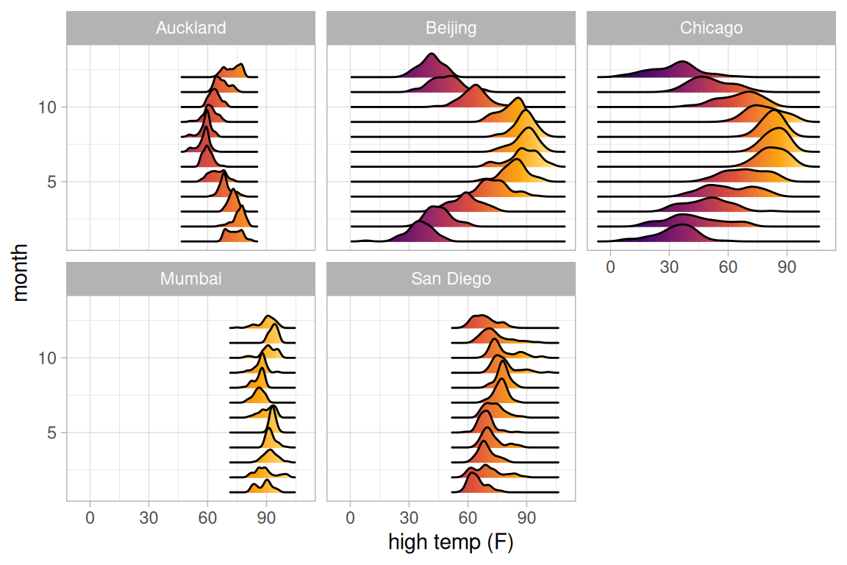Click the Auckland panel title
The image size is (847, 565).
[x=190, y=29]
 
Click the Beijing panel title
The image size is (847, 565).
[x=451, y=29]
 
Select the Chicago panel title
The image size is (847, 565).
[x=711, y=29]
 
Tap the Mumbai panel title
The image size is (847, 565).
[x=190, y=280]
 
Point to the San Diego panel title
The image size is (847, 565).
[x=451, y=280]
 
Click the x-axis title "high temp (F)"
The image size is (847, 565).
[x=451, y=544]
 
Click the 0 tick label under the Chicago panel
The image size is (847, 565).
[x=610, y=266]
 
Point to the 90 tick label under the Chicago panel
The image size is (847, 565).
[x=787, y=266]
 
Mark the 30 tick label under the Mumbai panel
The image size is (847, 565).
[x=149, y=518]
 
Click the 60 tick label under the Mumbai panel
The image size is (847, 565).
[x=207, y=518]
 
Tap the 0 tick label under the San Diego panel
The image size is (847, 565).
[x=350, y=518]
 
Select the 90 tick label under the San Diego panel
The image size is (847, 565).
[x=526, y=518]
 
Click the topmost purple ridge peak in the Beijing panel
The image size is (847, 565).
[x=431, y=54]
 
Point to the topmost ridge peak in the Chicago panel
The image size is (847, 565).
[x=683, y=62]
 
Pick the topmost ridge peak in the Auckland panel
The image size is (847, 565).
[x=240, y=65]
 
